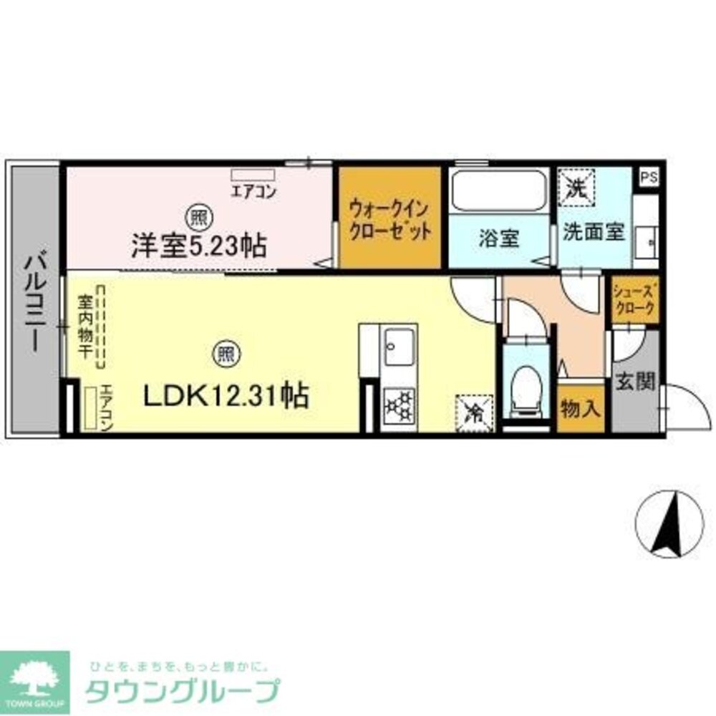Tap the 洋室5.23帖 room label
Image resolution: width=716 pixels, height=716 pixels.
(198, 246)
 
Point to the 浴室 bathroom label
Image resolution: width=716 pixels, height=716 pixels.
(499, 239)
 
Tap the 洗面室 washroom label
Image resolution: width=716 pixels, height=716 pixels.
(594, 233)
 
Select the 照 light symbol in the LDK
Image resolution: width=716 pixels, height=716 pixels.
(226, 352)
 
